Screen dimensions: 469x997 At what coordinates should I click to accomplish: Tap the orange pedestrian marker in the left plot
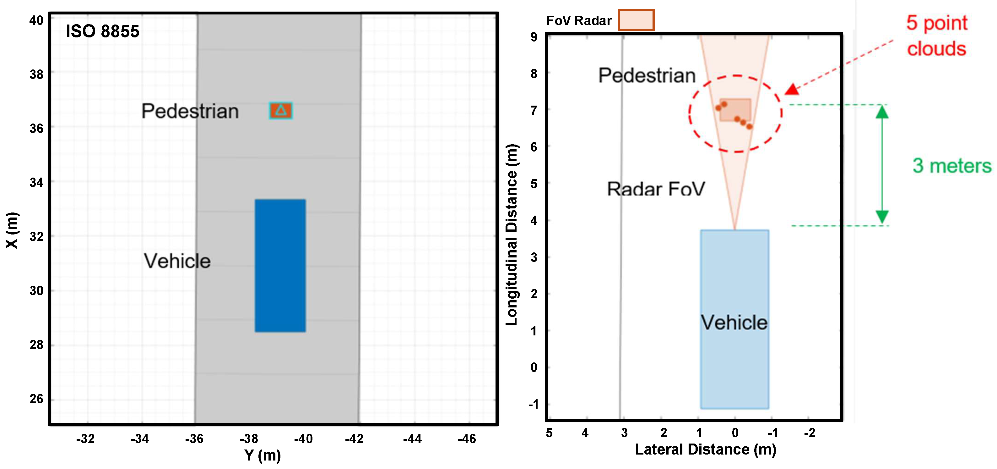pos(281,110)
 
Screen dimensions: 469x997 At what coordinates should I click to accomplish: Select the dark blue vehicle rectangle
pos(280,265)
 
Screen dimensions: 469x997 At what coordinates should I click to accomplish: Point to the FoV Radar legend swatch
pos(636,20)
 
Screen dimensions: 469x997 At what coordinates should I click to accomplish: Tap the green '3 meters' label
pos(952,166)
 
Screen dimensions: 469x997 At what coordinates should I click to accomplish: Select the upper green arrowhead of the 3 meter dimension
pos(882,112)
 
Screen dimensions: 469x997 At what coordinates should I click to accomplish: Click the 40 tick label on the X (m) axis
pos(36,20)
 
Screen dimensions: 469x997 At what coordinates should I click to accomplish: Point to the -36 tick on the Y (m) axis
pos(194,439)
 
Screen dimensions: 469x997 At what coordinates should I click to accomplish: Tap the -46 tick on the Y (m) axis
pos(467,439)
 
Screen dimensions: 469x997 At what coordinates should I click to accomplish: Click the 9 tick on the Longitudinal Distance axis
pos(534,37)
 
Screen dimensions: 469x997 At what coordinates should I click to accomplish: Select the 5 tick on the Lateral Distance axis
pos(549,433)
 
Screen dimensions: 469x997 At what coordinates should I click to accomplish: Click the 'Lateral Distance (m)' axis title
pos(705,449)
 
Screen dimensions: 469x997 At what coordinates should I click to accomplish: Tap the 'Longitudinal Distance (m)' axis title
pos(512,235)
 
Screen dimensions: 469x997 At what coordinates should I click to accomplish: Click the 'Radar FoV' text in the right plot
pos(656,189)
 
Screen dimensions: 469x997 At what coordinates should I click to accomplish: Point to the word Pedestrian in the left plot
pos(190,111)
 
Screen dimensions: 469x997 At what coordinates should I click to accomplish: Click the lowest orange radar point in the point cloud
pos(749,127)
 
